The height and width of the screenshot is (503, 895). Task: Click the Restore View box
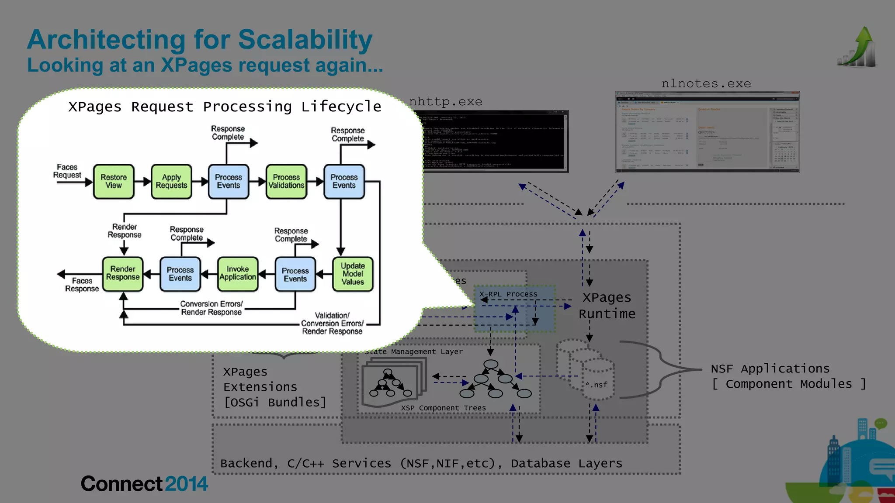point(114,182)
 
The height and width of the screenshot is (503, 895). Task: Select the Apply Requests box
point(171,182)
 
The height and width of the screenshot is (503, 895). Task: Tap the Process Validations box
point(286,182)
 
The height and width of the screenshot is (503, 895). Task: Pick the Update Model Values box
point(353,274)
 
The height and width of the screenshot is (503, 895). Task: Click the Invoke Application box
point(238,274)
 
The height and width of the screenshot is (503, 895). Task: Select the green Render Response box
point(123,274)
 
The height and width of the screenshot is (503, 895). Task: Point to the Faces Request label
point(67,171)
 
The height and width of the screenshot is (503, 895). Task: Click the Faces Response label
point(82,285)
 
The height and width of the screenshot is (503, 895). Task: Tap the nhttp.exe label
point(446,102)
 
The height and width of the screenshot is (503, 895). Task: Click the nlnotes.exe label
point(706,83)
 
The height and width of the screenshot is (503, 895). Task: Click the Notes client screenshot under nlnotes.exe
point(707,132)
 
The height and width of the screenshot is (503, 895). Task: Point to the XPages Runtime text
point(607,306)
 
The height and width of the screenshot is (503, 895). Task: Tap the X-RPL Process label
point(508,294)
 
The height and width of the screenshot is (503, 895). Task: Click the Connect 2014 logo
point(144,484)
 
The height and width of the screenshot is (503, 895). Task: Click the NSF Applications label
point(770,369)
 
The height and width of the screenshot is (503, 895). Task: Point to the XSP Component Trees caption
point(443,408)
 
